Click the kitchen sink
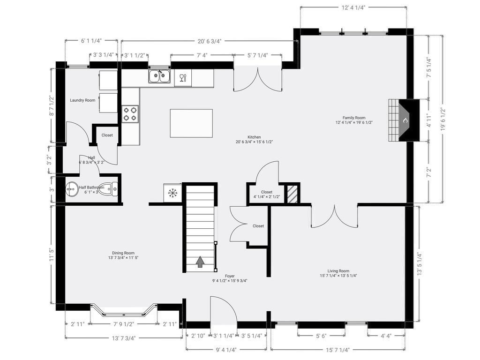coord(159,76)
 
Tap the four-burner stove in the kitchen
coord(130,114)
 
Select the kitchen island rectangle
coord(191,123)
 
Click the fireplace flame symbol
coord(405,120)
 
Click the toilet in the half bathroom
coord(108,189)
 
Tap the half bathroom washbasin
coord(72,189)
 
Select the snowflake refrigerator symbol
coord(172,193)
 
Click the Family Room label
coord(354,118)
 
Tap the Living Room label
coord(338,271)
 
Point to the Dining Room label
coord(123,253)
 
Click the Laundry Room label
coord(82,100)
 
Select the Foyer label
coord(230,276)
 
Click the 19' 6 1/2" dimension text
coord(443,120)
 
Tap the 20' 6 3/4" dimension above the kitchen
coord(210,41)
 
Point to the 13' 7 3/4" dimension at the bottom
coord(124,338)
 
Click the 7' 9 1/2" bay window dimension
coord(124,324)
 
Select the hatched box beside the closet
coord(292,194)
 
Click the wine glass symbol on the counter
coord(183,78)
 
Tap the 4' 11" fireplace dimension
coord(429,120)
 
